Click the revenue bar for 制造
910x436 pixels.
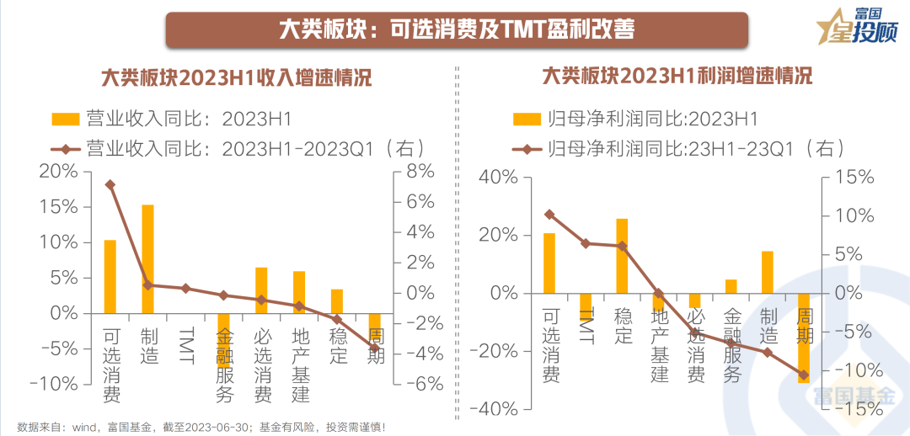[147, 258]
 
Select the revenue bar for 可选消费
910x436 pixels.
[110, 276]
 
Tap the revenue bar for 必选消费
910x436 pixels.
[261, 290]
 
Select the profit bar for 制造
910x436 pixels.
[767, 272]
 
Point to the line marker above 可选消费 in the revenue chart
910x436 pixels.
[110, 184]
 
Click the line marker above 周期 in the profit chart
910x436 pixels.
[803, 375]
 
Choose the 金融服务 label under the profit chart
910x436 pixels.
[731, 345]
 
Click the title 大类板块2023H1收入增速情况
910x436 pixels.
[237, 77]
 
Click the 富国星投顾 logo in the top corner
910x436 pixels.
[857, 25]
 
